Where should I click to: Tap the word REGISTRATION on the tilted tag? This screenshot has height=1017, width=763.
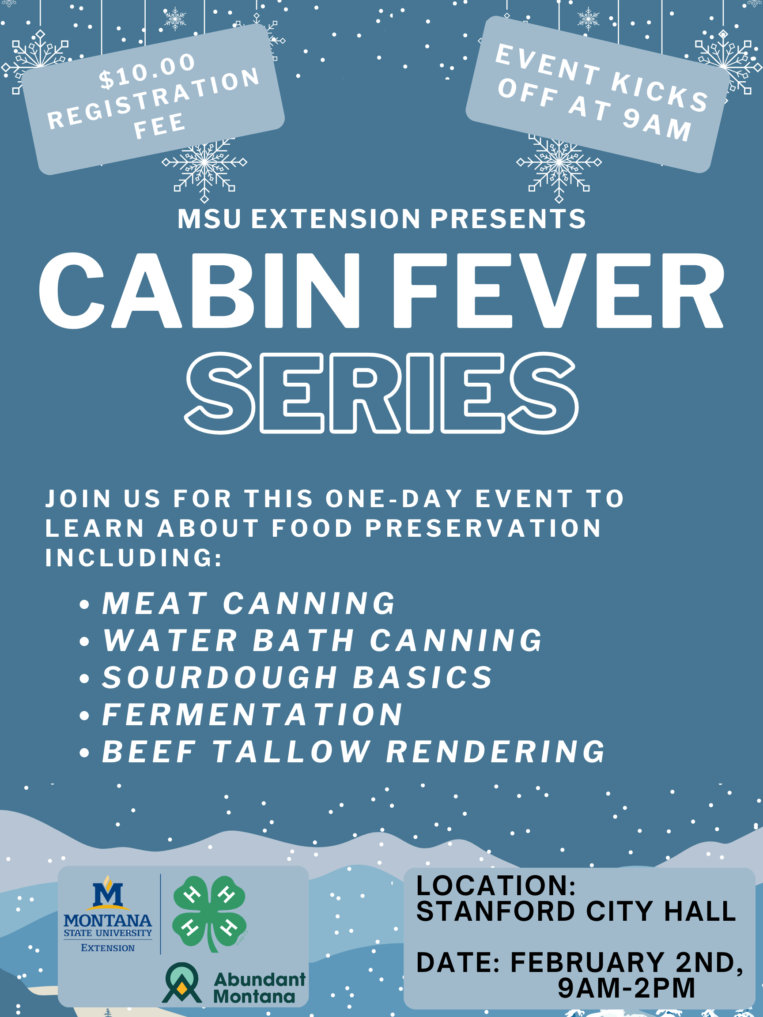point(154,98)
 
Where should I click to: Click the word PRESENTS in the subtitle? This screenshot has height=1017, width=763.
point(508,219)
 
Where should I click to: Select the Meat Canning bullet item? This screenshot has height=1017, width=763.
point(248,603)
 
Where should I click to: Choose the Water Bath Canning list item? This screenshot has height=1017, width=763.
point(322,640)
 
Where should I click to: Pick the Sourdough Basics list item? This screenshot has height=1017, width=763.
point(297,678)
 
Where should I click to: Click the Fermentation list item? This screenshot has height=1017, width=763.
point(252,715)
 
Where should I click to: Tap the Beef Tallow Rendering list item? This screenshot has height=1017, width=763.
point(353,752)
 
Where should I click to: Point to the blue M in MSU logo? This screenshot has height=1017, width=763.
point(108,894)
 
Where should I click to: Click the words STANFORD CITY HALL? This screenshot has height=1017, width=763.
point(576,912)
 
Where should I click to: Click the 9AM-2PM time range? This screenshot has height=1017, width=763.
point(627,988)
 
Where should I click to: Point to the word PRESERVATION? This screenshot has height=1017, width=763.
point(483,528)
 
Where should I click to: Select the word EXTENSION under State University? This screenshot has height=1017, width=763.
point(108,948)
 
